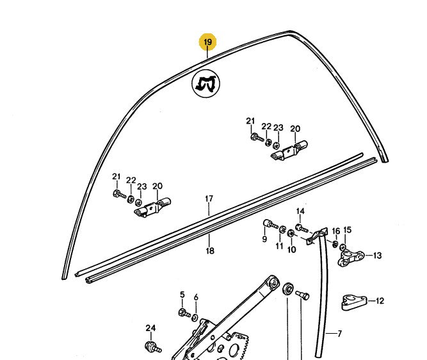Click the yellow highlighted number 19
coord(208,43)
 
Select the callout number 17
coord(208,199)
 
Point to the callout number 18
coord(210,251)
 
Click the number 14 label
coord(300,211)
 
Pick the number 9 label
coord(264,239)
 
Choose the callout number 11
coord(279,246)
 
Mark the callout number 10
coord(291,249)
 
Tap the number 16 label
coord(335,231)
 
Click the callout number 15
coord(347,230)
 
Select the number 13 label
coord(377,256)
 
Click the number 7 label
coord(339,334)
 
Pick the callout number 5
coord(182,295)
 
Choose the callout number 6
coord(196,297)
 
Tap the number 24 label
coord(150,329)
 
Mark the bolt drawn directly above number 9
coord(270,225)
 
